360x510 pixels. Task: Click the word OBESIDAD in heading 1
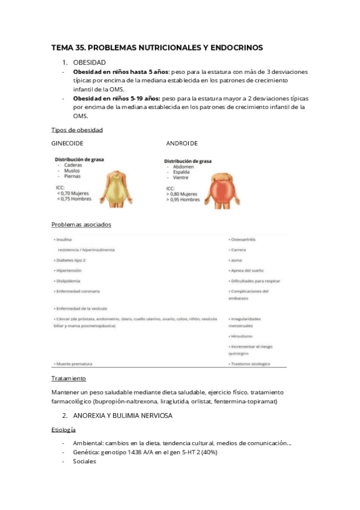click(x=90, y=63)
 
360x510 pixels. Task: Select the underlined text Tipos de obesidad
click(x=77, y=130)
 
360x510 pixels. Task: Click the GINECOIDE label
click(x=67, y=143)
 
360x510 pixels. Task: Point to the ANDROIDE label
click(x=182, y=143)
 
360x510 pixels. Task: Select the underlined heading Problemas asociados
click(x=81, y=224)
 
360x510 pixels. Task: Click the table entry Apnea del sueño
click(x=247, y=271)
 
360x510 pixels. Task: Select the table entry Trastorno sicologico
click(x=249, y=364)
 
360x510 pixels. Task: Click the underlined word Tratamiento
click(x=69, y=378)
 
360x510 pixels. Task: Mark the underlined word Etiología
click(x=64, y=431)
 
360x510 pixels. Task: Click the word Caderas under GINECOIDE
click(x=74, y=164)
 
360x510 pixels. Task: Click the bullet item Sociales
click(x=84, y=461)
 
